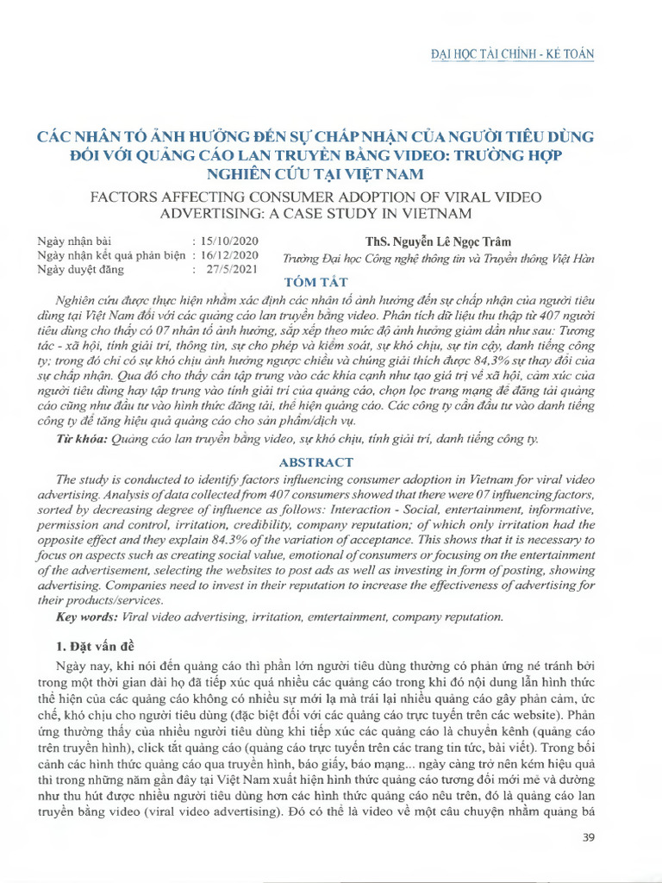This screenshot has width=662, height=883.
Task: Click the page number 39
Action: point(590,837)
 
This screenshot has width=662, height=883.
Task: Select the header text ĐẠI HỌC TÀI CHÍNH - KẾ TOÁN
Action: point(512,54)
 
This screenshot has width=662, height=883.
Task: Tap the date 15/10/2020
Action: point(228,241)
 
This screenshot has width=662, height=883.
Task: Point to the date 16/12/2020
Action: point(228,255)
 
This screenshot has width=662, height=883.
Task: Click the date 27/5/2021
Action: point(232,269)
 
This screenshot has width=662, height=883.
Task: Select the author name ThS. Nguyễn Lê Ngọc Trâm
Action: point(438,241)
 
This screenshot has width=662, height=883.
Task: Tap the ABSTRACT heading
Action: point(315,462)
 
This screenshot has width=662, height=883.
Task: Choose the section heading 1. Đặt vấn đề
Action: point(102,646)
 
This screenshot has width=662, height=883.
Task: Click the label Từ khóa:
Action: point(82,440)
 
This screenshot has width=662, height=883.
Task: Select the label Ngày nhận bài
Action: point(75,241)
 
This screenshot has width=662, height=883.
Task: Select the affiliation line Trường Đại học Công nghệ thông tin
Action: point(438,260)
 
